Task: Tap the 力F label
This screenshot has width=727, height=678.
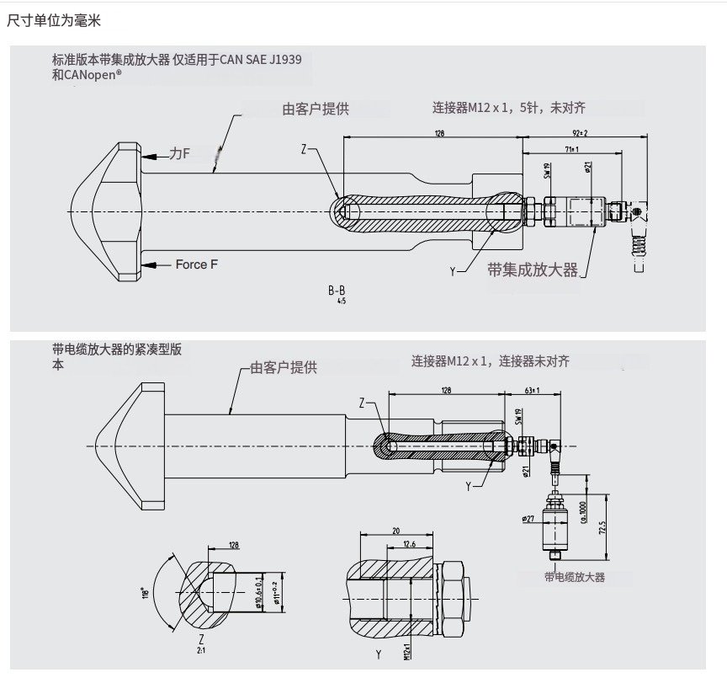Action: pos(179,153)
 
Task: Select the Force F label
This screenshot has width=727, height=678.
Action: pos(197,264)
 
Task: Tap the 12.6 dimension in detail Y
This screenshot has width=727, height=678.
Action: pos(409,544)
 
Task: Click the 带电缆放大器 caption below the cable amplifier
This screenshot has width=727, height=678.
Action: pos(575,577)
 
